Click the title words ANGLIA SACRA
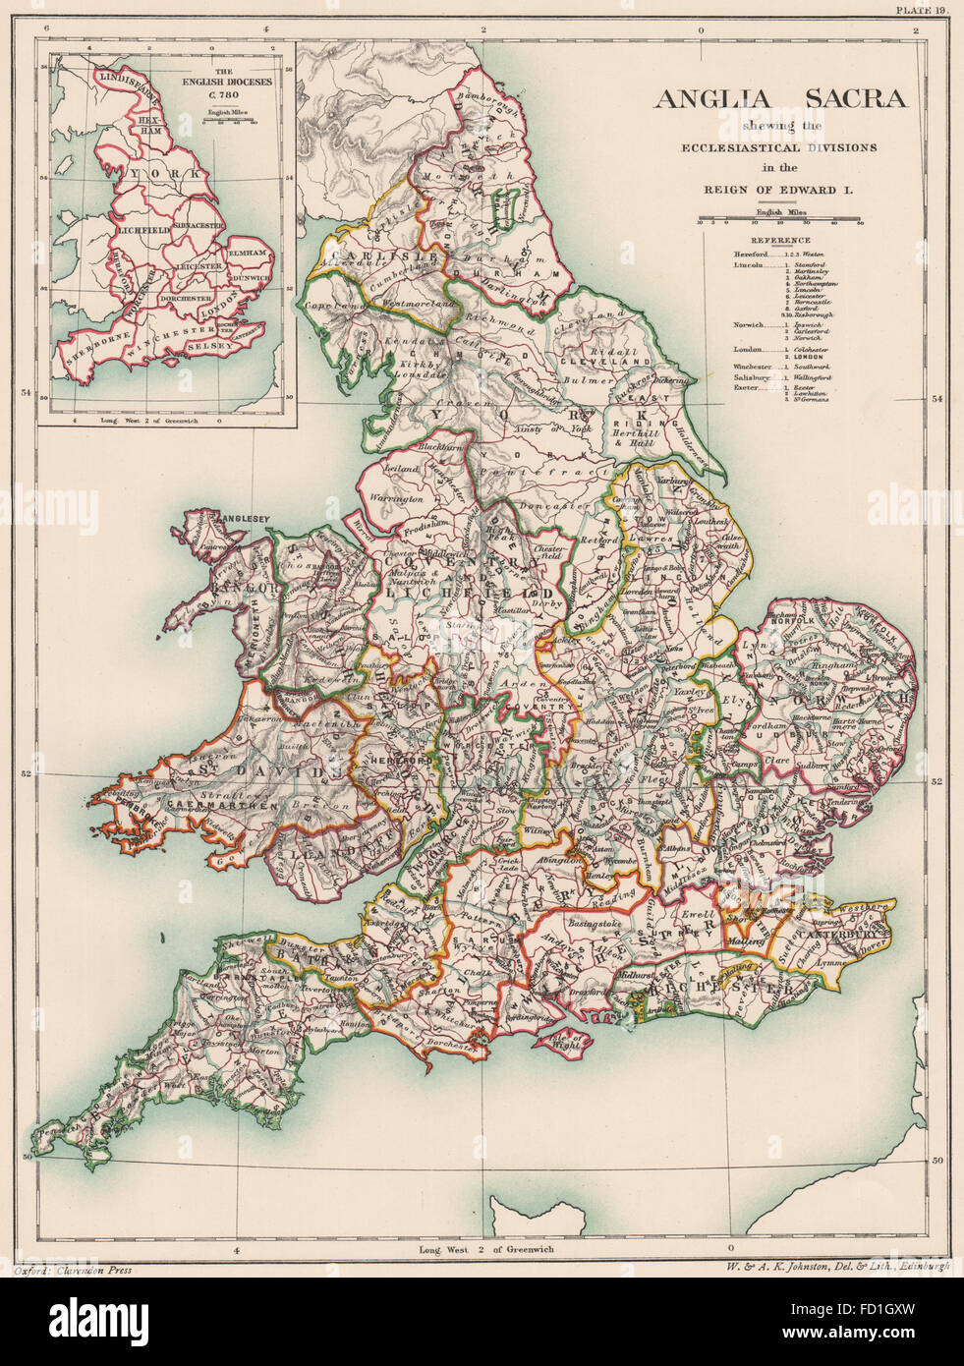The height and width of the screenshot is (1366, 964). [x=782, y=99]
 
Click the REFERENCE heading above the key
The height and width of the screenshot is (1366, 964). [x=781, y=240]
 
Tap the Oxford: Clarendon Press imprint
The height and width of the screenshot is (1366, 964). [x=74, y=1270]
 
